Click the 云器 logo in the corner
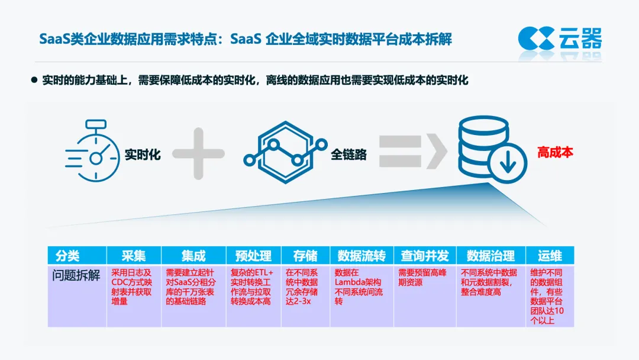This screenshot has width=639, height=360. click(x=560, y=39)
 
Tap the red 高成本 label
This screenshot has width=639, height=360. click(x=555, y=153)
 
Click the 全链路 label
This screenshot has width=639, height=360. click(x=348, y=155)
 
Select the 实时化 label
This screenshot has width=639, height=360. click(x=142, y=155)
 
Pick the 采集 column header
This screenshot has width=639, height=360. click(x=133, y=256)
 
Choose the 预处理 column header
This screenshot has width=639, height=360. click(x=253, y=256)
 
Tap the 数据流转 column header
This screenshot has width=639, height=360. click(x=361, y=256)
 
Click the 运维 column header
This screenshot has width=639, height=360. click(x=549, y=256)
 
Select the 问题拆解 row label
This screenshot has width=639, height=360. click(x=76, y=276)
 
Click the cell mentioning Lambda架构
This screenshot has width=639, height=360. click(x=361, y=287)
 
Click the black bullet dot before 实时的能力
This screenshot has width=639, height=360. click(x=34, y=79)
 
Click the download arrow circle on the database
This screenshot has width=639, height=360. click(x=507, y=163)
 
